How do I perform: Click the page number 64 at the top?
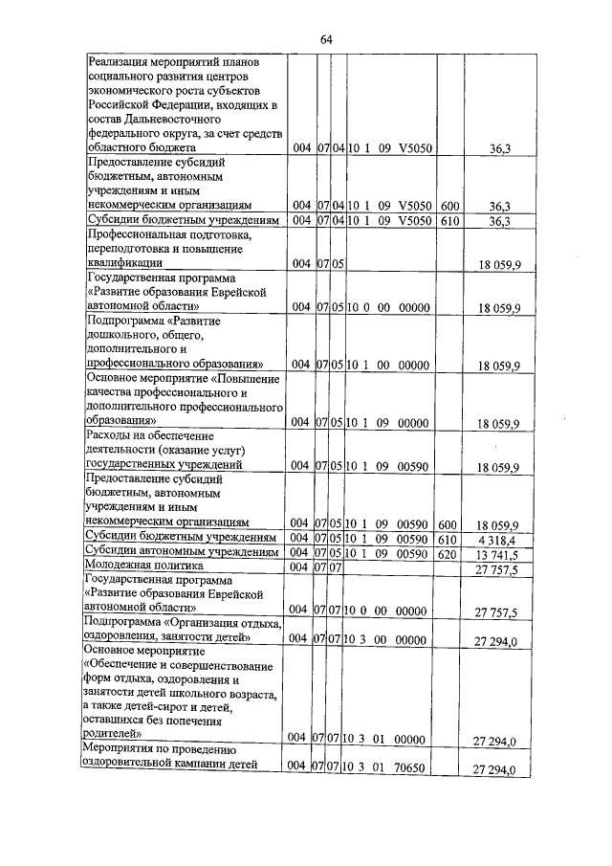(x=325, y=39)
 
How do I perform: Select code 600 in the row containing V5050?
(x=449, y=206)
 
